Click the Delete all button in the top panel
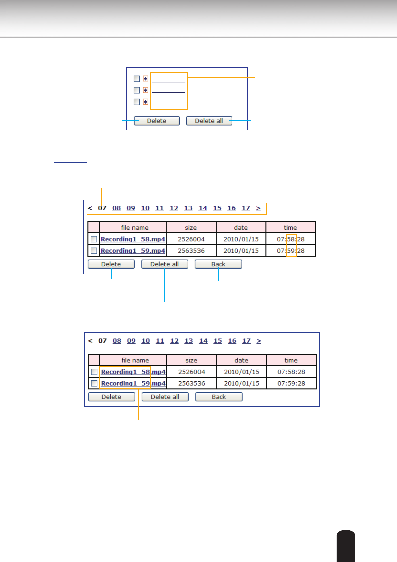209,121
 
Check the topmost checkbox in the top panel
137,79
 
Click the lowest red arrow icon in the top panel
145,102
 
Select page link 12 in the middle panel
174,208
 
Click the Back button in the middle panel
218,264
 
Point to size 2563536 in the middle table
191,251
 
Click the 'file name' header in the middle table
135,227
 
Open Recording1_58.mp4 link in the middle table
133,239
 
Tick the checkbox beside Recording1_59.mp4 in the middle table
94,251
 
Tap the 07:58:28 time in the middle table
291,239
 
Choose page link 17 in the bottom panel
246,341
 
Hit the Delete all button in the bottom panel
165,397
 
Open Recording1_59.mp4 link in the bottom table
133,383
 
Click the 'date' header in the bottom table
241,360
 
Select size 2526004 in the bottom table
191,372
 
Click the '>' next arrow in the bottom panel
259,341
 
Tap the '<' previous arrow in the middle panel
90,208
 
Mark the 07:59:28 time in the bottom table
291,383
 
